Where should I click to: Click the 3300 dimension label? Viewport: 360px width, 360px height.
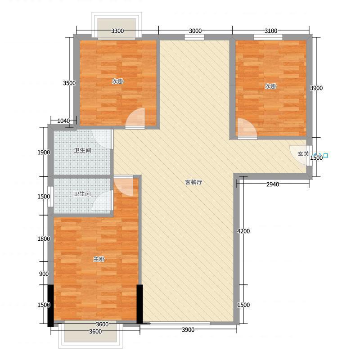[x=117, y=31]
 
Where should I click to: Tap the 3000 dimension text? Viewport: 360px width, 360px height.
[x=195, y=31]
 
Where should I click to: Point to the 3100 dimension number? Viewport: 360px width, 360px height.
[x=271, y=31]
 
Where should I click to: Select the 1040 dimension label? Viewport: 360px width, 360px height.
[x=63, y=121]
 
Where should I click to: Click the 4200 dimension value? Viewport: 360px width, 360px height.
[x=243, y=231]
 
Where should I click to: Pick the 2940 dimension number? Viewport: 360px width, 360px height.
[x=273, y=184]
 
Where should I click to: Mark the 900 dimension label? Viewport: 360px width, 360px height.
[x=44, y=274]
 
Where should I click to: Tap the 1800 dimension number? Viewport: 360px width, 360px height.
[x=44, y=239]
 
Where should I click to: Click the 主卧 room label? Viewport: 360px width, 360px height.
[x=99, y=259]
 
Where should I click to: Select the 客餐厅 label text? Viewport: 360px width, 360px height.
[x=193, y=182]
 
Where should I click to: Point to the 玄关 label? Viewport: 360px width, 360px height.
[x=303, y=153]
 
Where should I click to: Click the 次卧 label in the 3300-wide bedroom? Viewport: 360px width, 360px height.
[x=118, y=81]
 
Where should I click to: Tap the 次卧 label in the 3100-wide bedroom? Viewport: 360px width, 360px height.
[x=271, y=86]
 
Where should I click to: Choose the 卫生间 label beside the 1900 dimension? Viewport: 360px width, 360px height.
[x=82, y=150]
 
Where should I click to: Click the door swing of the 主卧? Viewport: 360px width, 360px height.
[x=123, y=186]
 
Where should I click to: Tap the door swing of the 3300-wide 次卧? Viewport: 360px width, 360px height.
[x=135, y=118]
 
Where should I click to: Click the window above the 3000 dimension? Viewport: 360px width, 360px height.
[x=194, y=37]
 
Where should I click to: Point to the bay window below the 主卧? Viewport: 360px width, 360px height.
[x=90, y=334]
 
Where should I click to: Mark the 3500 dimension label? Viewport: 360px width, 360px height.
[x=69, y=83]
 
